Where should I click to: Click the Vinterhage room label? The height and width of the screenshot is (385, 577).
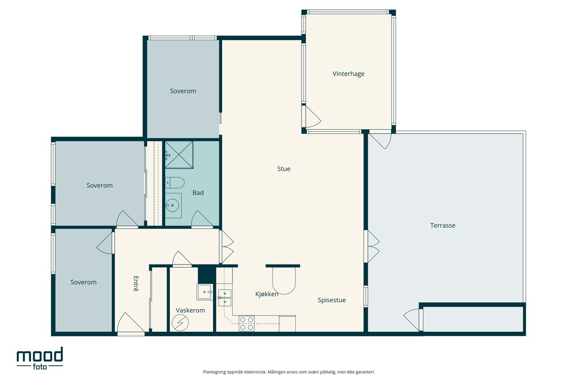[x=348, y=74]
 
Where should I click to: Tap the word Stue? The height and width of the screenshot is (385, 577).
[x=283, y=169]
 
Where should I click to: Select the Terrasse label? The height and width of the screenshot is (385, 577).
[x=442, y=226]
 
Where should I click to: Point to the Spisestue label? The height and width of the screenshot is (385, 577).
[x=331, y=300]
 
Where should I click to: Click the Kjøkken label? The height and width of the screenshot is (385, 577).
[x=267, y=294]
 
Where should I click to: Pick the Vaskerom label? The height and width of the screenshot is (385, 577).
[x=190, y=310]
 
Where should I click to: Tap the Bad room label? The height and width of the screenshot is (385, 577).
[x=198, y=193]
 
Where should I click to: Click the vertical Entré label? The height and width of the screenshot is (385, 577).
[x=136, y=284]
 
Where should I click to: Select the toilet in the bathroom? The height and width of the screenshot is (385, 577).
[x=175, y=183]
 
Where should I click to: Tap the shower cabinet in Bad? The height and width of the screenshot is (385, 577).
[x=179, y=155]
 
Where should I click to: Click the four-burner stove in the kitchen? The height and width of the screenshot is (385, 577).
[x=247, y=323]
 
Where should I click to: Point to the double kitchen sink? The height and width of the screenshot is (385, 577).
[x=225, y=298]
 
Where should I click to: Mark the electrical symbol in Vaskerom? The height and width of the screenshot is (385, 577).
[x=180, y=323]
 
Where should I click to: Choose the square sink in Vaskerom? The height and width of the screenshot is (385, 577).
[x=205, y=292]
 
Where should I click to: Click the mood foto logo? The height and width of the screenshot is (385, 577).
[x=40, y=358]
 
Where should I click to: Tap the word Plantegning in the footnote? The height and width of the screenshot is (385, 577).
[x=214, y=372]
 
